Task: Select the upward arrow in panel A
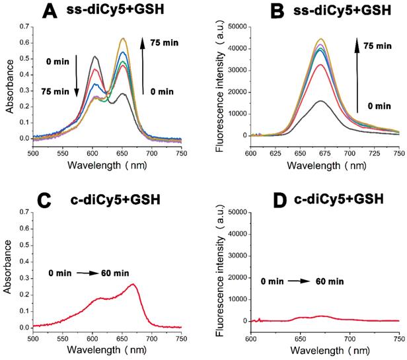pos(143,67)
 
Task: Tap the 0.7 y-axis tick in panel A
pos(24,26)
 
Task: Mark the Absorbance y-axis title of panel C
pos(9,273)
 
